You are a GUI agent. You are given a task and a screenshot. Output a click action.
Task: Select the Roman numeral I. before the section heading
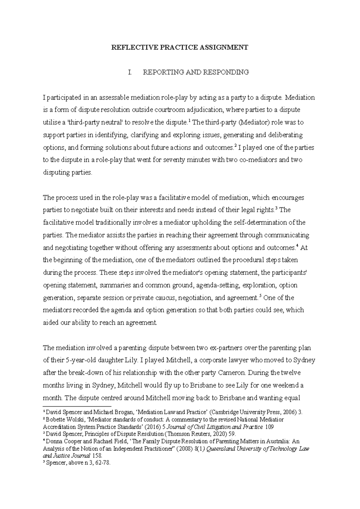click(x=130, y=72)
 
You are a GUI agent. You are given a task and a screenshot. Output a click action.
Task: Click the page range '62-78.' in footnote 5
click(x=102, y=463)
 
